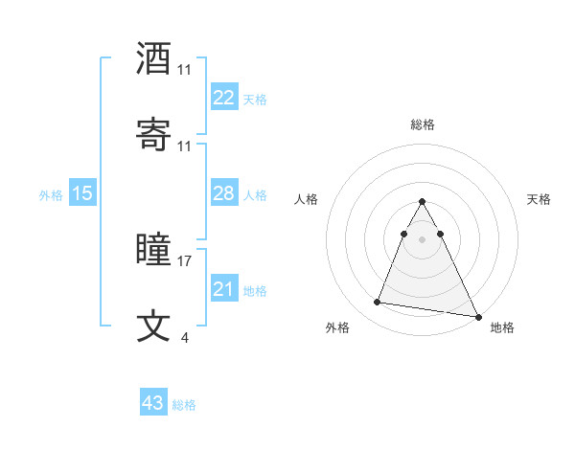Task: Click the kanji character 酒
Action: point(154,58)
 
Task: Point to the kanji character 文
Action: point(154,326)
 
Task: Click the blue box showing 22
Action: point(223,98)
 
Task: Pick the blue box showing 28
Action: point(223,193)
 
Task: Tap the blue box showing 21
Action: point(223,289)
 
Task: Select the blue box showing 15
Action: point(82,193)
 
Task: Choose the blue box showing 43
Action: point(152,403)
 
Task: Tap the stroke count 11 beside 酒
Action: point(185,70)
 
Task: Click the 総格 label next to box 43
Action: point(184,405)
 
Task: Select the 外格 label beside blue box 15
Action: point(51,195)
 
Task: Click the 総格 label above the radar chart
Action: point(423,124)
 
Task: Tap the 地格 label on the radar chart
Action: point(502,328)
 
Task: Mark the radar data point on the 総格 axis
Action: point(423,202)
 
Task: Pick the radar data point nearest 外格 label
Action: point(377,303)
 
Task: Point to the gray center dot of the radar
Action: point(423,239)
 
